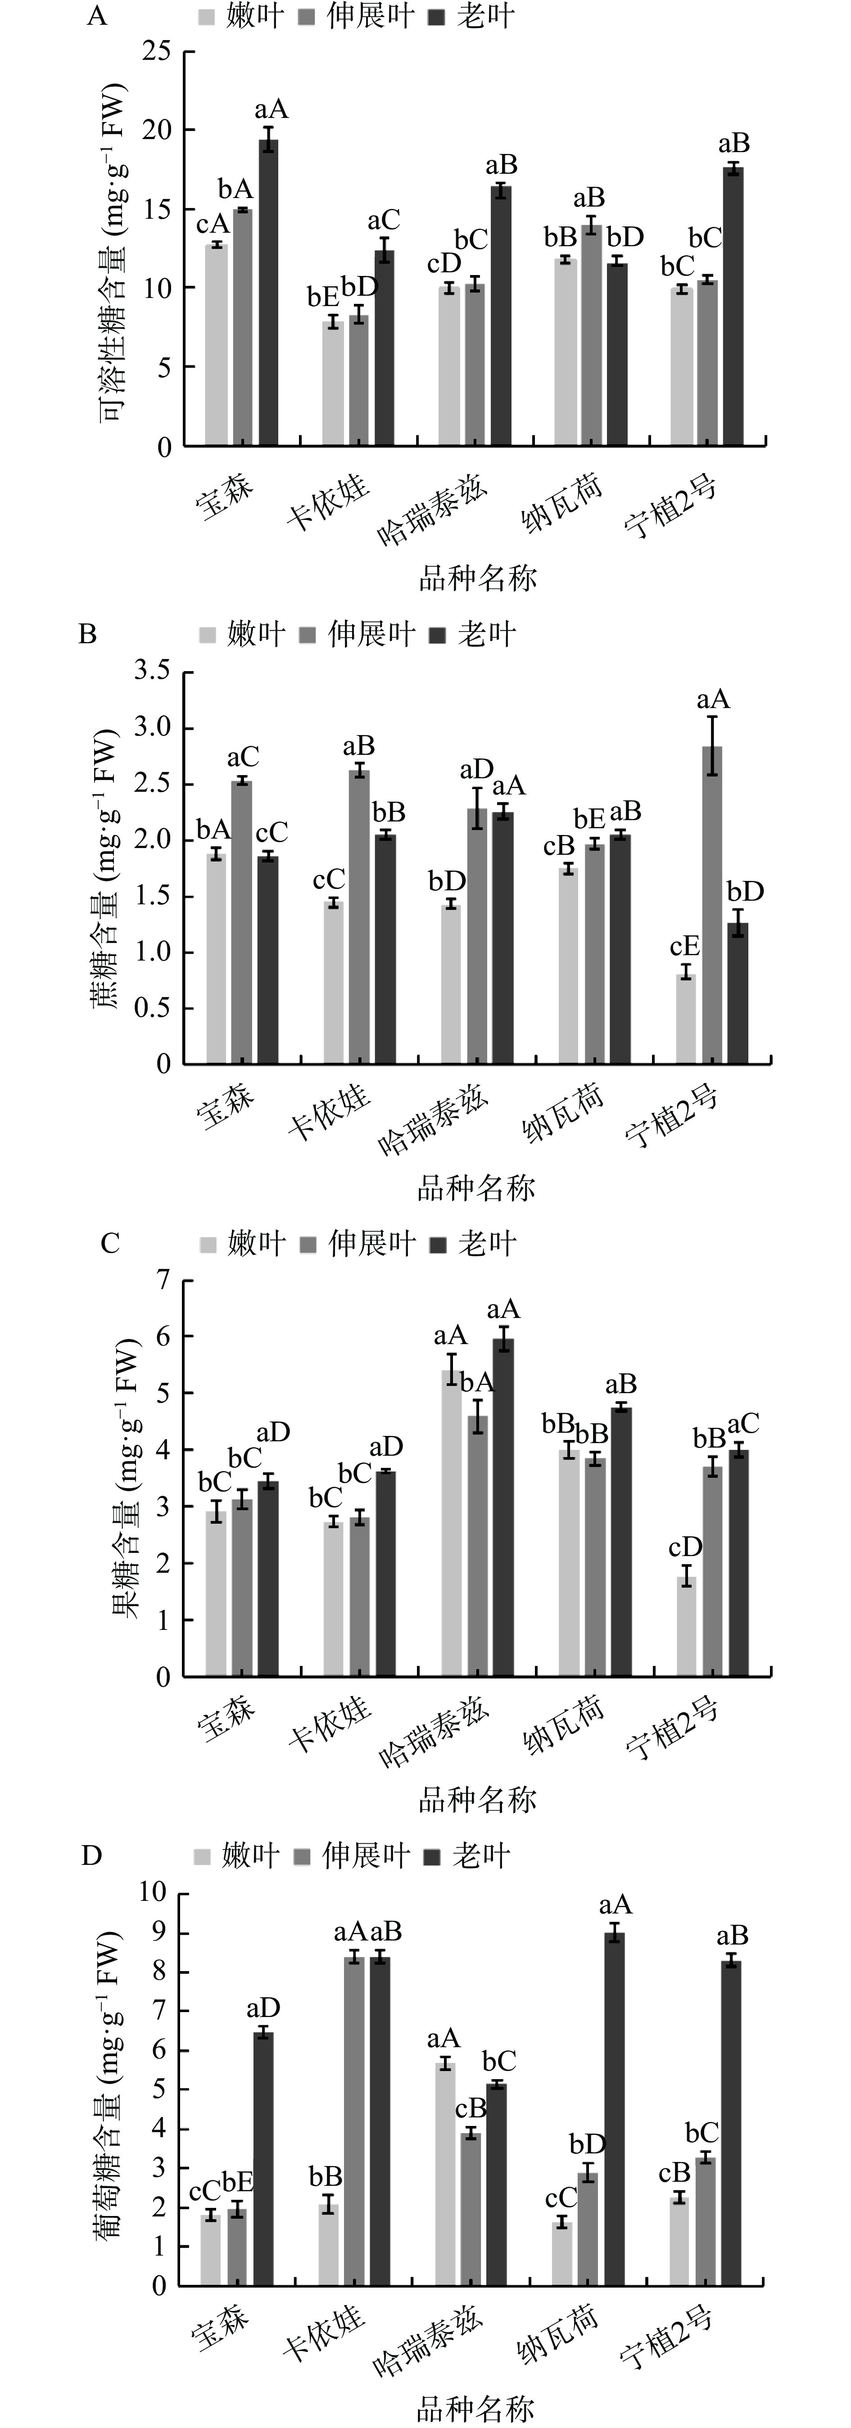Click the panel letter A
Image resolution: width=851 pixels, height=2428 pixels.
pyautogui.click(x=96, y=17)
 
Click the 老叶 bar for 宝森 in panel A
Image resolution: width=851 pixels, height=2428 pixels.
pyautogui.click(x=269, y=292)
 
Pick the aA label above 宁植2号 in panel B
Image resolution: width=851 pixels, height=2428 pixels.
pyautogui.click(x=713, y=700)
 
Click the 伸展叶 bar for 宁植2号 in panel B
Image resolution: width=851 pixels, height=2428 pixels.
pyautogui.click(x=713, y=905)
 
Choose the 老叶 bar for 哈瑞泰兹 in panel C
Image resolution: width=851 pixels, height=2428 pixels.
pyautogui.click(x=503, y=1508)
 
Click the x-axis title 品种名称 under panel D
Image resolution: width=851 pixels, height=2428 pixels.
pyautogui.click(x=476, y=2408)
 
